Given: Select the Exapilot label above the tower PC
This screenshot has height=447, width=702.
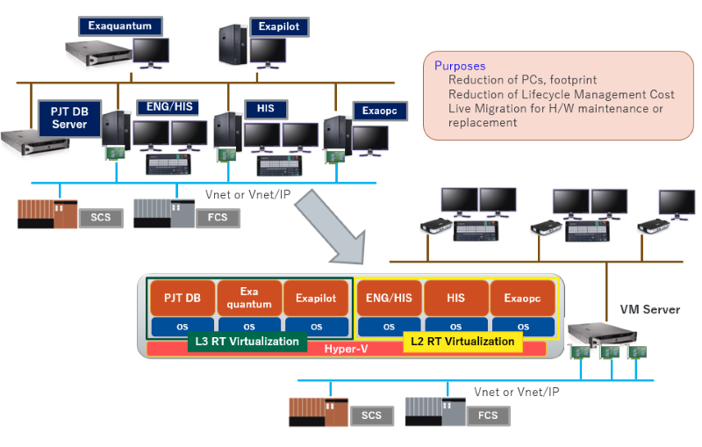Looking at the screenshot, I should pyautogui.click(x=278, y=26).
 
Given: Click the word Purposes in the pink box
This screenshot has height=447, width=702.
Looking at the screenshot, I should pyautogui.click(x=460, y=66).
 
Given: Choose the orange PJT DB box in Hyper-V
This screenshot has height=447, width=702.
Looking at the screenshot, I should pyautogui.click(x=182, y=298).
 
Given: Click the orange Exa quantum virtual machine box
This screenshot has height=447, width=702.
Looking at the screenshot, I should pyautogui.click(x=249, y=298).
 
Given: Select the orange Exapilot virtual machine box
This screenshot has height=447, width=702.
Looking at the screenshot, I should pyautogui.click(x=316, y=298).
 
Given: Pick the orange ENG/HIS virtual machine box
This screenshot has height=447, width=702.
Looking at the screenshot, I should pyautogui.click(x=389, y=298).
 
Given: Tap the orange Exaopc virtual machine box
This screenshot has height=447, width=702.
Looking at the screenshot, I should pyautogui.click(x=523, y=298).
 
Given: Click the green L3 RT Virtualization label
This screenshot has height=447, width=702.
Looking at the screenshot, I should pyautogui.click(x=247, y=342).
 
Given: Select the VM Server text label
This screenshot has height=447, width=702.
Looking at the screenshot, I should pyautogui.click(x=649, y=309).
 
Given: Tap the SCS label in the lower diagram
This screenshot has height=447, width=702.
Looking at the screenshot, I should pyautogui.click(x=371, y=415).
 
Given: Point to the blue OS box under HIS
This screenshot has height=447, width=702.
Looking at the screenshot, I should pyautogui.click(x=455, y=326).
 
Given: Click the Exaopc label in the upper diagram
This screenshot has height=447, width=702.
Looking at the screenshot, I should pyautogui.click(x=379, y=112).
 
